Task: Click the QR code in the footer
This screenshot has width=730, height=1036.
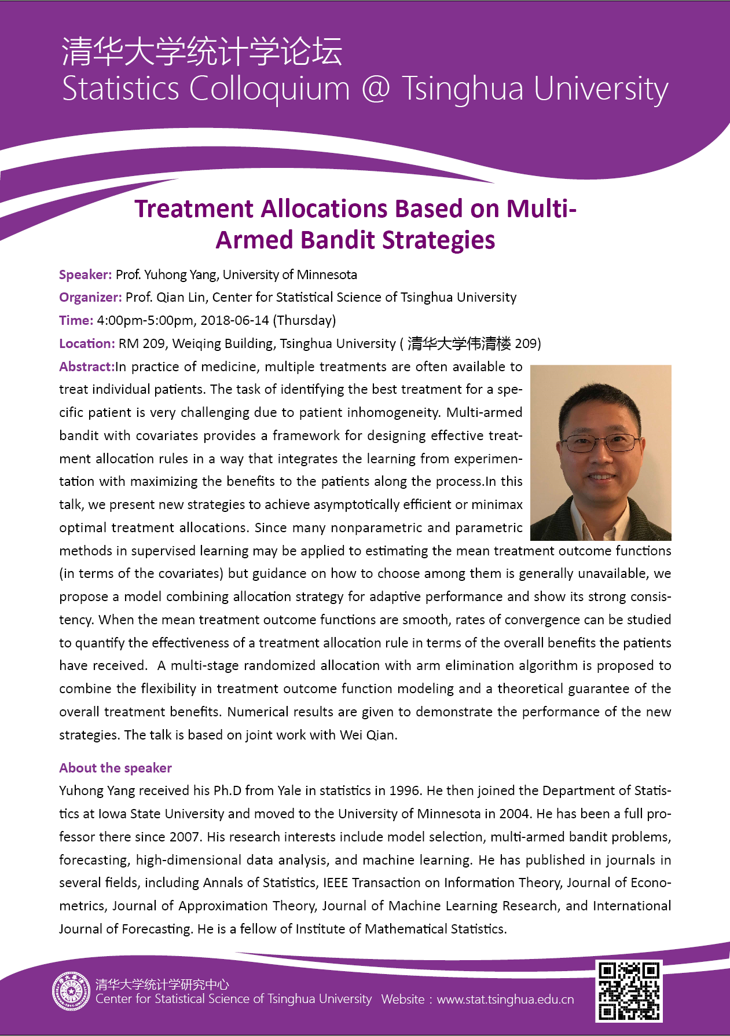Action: pyautogui.click(x=629, y=991)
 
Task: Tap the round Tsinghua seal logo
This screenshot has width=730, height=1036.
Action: pyautogui.click(x=71, y=991)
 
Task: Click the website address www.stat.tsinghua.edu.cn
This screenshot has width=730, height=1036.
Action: pyautogui.click(x=505, y=1000)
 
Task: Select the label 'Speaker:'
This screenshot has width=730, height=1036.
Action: pyautogui.click(x=85, y=274)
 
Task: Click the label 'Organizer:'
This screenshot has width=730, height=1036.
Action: pyautogui.click(x=90, y=297)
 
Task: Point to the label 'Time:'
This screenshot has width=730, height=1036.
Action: pyautogui.click(x=76, y=320)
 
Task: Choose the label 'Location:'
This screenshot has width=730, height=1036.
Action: pyautogui.click(x=87, y=343)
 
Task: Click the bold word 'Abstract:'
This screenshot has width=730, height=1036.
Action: pyautogui.click(x=87, y=367)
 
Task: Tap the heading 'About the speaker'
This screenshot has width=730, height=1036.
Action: pyautogui.click(x=115, y=768)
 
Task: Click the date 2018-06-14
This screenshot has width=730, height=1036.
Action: pyautogui.click(x=234, y=320)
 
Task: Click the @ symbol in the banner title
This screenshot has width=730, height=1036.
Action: pyautogui.click(x=376, y=89)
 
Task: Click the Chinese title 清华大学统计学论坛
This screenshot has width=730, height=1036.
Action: pyautogui.click(x=201, y=51)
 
